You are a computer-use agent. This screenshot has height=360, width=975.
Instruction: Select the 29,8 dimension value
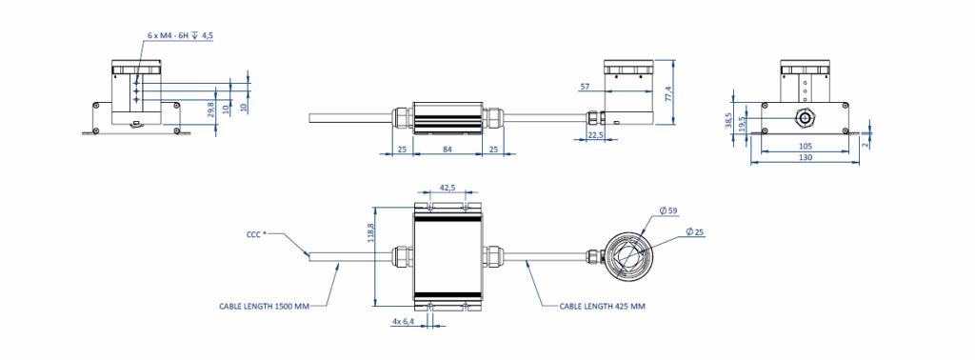[x=210, y=110]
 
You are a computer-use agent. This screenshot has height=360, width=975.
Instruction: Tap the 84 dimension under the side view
[x=448, y=149]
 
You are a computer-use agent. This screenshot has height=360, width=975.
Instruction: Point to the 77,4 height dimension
[x=668, y=92]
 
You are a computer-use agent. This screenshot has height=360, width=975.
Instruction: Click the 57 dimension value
[x=585, y=87]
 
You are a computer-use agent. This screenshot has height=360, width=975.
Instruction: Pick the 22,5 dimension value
[x=596, y=134]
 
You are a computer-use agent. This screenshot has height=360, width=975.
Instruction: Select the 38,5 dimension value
[x=728, y=120]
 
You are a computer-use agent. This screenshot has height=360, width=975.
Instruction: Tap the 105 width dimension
[x=806, y=146]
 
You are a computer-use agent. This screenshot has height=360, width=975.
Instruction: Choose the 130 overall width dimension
[x=806, y=158]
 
